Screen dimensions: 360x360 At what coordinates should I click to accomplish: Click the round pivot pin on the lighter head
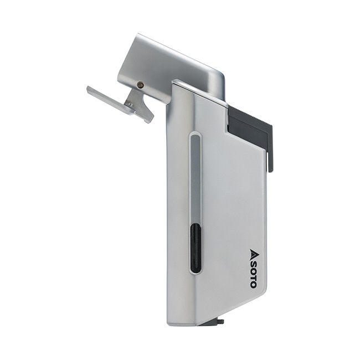(x=140, y=85)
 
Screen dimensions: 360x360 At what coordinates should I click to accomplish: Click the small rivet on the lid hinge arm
(x=130, y=105)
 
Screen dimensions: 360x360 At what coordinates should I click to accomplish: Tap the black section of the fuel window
(x=195, y=248)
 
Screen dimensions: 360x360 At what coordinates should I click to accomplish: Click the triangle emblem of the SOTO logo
(x=254, y=253)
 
